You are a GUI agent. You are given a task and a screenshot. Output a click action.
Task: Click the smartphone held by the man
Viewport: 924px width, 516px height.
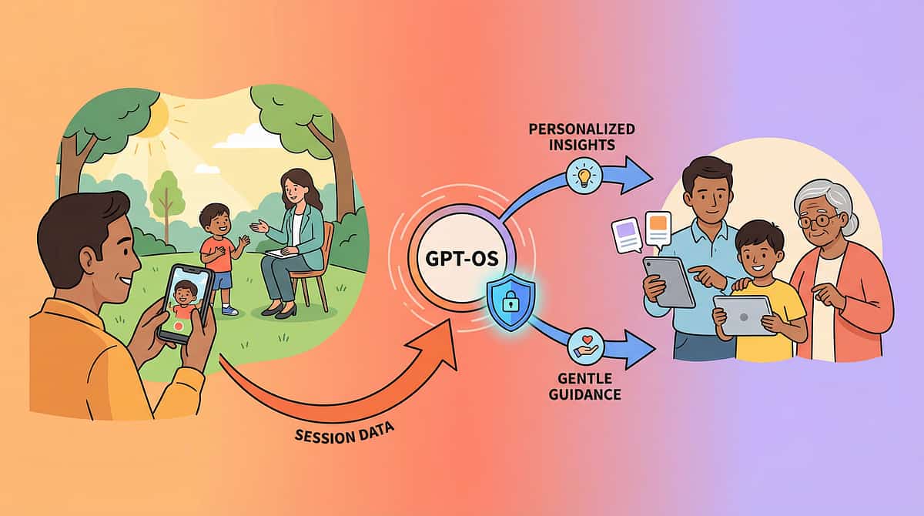click(185, 303)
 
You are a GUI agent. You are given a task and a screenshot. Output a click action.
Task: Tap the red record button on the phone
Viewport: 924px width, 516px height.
click(180, 327)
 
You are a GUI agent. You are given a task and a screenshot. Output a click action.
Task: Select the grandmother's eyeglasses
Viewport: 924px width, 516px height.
click(819, 222)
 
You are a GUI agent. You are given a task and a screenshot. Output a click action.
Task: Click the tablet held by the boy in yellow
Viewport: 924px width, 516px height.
click(743, 314)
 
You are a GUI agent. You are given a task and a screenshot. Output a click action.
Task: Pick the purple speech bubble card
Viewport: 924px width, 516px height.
click(626, 235)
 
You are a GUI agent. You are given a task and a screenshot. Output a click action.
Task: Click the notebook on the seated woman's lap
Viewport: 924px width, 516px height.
click(276, 253)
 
